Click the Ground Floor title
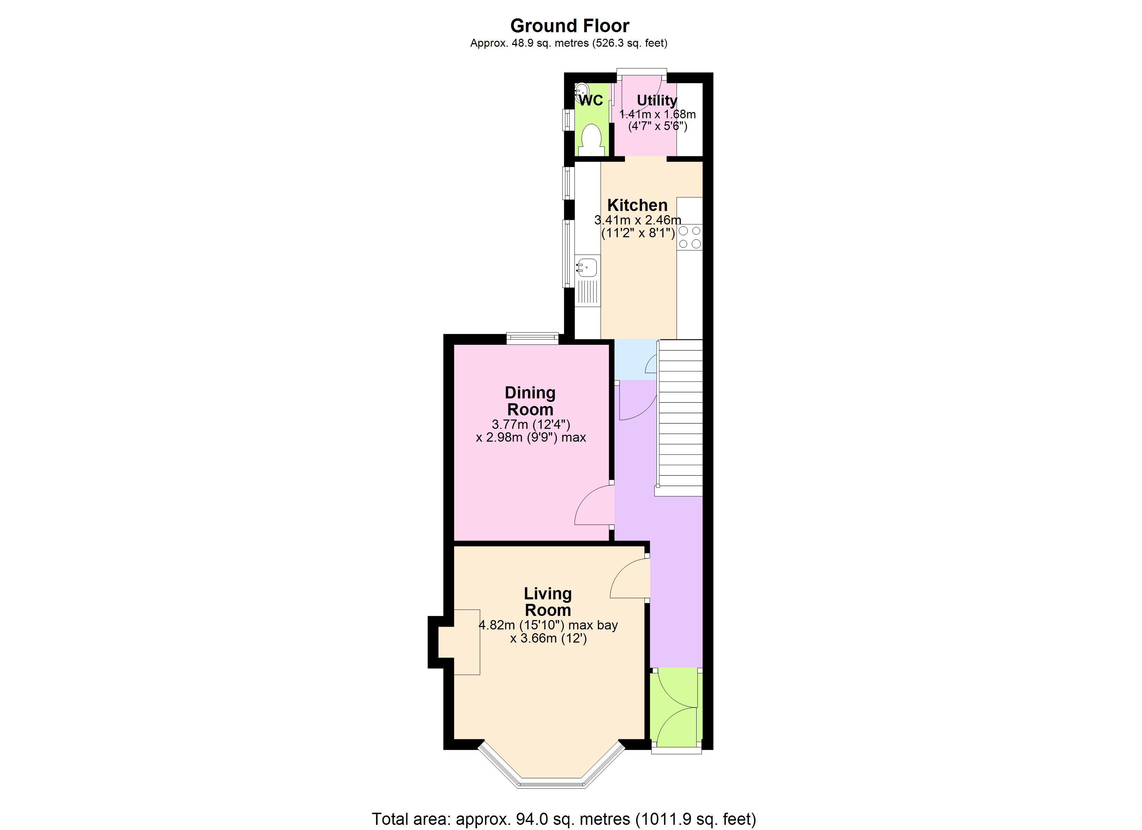click(570, 26)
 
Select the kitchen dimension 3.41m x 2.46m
click(637, 220)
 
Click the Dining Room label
click(530, 401)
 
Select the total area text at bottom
click(564, 819)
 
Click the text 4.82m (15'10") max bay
click(548, 625)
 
